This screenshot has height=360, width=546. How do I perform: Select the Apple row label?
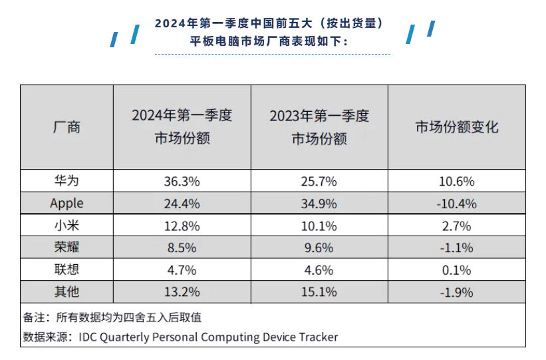point(67,204)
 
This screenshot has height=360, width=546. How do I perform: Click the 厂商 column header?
point(67,127)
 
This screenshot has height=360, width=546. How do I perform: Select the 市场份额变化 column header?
point(456,127)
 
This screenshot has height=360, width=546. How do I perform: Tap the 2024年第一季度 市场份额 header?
point(182,127)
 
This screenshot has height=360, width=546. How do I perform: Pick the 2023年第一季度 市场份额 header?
point(319,127)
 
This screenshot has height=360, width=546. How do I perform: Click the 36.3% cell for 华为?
point(182,181)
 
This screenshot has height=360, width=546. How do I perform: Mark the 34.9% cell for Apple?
point(319,204)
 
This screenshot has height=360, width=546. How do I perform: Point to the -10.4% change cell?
point(456,204)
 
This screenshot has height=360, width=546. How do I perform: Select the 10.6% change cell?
point(456,181)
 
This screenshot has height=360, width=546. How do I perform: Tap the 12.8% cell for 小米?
point(182,226)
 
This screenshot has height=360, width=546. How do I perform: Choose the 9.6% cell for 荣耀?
point(319,248)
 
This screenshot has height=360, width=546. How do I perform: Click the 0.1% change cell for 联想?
point(456,270)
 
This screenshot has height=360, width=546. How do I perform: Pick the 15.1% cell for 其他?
point(319,292)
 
